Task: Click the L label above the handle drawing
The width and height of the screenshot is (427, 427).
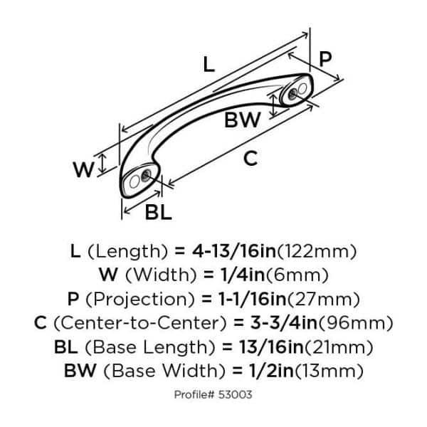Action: click(207, 65)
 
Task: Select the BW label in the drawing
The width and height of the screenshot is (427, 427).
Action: click(242, 121)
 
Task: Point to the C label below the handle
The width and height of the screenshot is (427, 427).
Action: click(250, 159)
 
